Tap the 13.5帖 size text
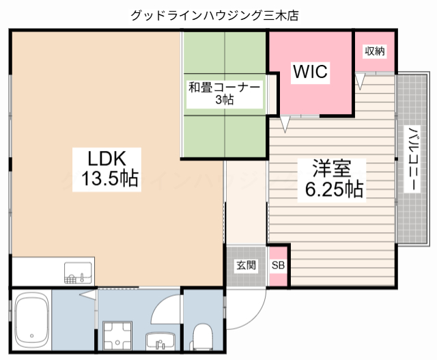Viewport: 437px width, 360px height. tap(110, 180)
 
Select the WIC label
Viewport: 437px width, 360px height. tap(311, 71)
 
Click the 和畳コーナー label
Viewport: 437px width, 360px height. tap(225, 87)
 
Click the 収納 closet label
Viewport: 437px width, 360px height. tap(374, 51)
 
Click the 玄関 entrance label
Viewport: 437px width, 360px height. tap(246, 265)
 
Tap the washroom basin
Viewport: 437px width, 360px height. tap(160, 341)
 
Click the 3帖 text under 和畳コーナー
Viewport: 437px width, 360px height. tap(224, 100)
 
